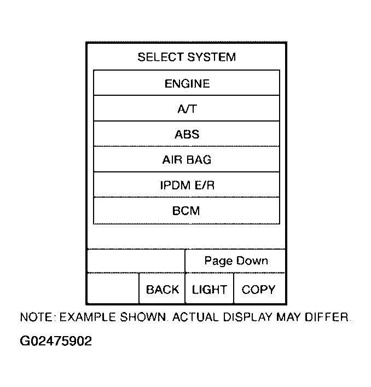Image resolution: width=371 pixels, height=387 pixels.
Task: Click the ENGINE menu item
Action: point(187,83)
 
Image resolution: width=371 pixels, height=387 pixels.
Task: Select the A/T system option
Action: point(187,108)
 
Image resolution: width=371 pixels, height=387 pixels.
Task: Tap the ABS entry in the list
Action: point(187,134)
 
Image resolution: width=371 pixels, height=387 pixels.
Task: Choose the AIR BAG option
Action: point(187,159)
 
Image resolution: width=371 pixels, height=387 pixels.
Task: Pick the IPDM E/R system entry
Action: point(187,185)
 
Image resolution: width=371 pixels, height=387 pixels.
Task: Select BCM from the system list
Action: point(187,211)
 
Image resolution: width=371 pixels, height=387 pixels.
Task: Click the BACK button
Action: point(162,288)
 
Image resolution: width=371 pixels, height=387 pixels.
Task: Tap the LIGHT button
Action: point(209,288)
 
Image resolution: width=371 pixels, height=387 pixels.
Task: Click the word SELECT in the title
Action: point(160,57)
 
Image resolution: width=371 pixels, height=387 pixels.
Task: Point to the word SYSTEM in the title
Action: point(211,57)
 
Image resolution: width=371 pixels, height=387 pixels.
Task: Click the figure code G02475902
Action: point(56,341)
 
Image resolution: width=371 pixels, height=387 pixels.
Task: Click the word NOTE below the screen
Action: point(37,317)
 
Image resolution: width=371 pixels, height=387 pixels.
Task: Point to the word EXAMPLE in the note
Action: point(88,317)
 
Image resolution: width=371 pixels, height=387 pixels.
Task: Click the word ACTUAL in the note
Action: point(195,317)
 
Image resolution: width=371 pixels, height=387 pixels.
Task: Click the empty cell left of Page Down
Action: point(136,261)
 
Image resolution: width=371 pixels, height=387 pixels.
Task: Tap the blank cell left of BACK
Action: point(113,288)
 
